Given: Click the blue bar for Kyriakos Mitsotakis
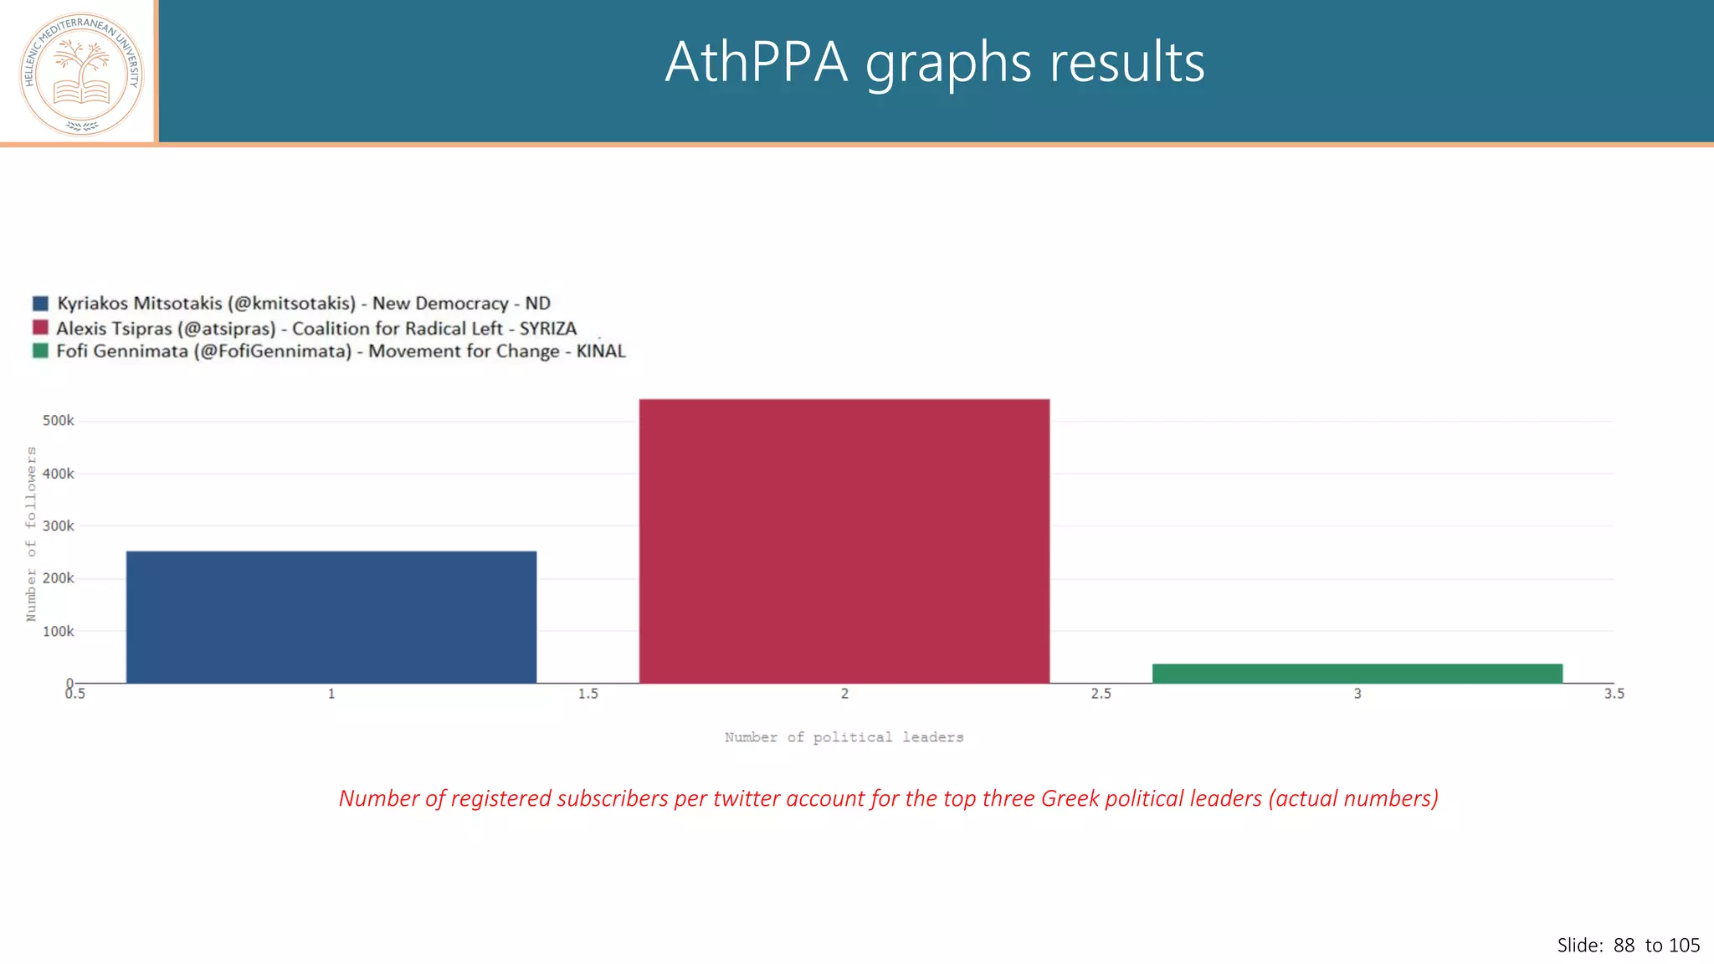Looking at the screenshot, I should pos(331,617).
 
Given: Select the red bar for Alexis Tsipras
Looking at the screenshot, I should pos(844,541).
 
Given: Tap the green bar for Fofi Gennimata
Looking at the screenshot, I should pos(1357,674).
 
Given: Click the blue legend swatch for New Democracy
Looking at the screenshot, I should pos(40,303).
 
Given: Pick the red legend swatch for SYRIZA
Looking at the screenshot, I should pos(40,327).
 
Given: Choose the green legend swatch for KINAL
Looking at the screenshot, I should pos(40,351).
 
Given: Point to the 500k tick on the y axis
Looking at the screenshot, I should pos(59,421).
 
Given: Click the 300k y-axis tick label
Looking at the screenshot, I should pos(59,526).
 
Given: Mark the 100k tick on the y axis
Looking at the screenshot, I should pos(59,632).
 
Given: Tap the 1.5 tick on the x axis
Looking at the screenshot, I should pos(588,694).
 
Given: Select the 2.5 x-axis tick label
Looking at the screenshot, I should pos(1101,694).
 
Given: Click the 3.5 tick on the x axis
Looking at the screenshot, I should pos(1614,694).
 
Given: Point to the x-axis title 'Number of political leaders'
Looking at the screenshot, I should pos(844,737).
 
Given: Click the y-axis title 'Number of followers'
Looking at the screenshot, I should pos(32,534).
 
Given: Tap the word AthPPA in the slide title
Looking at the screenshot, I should pos(756,63).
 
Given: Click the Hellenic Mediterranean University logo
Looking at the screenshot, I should pos(81,74).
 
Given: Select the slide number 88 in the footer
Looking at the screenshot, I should pos(1624,946).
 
